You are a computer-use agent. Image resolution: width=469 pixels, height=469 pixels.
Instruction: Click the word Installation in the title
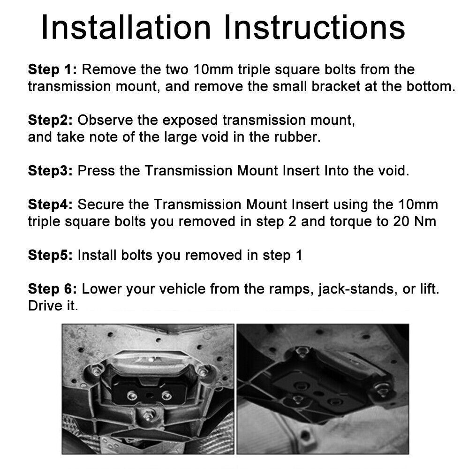(126, 27)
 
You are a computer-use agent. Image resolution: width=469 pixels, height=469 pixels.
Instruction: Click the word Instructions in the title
(314, 27)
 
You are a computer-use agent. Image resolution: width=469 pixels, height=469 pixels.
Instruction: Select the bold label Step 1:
(53, 69)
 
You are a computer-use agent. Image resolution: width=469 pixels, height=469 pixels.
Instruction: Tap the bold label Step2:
(50, 121)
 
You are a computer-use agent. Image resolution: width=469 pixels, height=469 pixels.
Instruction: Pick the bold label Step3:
(50, 171)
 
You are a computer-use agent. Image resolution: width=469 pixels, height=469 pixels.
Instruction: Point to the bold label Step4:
(50, 205)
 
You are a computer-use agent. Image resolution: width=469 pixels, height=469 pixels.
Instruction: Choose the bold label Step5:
(50, 256)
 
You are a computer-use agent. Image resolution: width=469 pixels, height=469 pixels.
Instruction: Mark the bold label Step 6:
(53, 289)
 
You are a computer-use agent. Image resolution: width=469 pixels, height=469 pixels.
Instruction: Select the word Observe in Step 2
(105, 120)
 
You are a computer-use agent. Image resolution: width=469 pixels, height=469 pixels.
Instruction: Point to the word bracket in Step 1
(336, 86)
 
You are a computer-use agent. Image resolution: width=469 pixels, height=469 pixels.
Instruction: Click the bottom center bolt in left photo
(147, 416)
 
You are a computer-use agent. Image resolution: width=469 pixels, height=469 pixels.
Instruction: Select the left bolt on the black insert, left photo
(132, 396)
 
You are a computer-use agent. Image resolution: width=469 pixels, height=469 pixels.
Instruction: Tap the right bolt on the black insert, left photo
(166, 396)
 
